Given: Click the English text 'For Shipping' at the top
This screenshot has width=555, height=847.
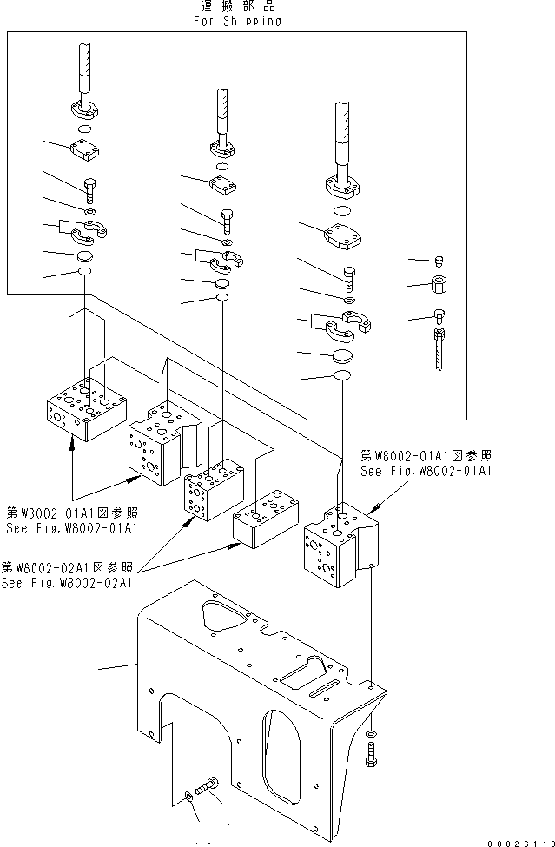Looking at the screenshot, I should click(237, 22).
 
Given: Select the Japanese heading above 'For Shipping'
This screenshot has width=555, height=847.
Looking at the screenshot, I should click(237, 7).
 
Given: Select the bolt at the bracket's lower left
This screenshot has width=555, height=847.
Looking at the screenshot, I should click(207, 784).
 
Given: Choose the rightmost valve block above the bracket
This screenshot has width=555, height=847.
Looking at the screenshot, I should click(339, 542).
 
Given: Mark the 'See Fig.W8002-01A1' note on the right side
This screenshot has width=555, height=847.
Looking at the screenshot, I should click(426, 471).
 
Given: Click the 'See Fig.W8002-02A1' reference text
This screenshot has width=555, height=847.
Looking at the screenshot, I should click(68, 583).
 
